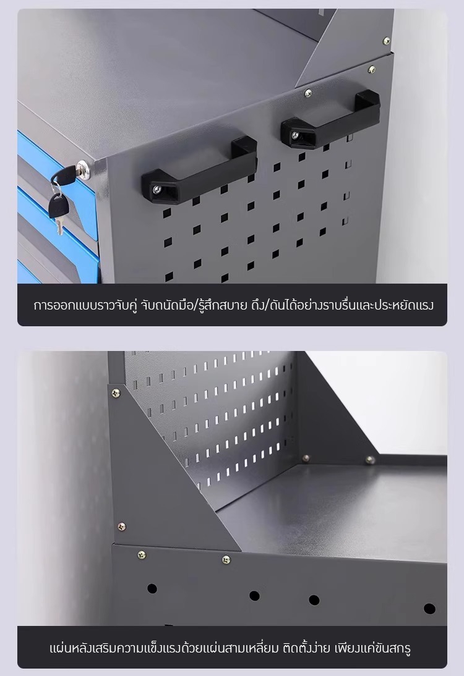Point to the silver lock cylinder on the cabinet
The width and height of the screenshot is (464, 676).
83,166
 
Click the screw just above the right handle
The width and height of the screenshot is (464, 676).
308,93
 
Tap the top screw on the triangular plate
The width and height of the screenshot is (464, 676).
116,393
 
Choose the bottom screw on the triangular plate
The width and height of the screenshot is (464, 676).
122,526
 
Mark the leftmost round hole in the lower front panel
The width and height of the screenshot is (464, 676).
152,588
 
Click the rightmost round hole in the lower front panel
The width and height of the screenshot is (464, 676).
429,609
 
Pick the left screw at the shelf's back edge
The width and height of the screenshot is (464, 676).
306,458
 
